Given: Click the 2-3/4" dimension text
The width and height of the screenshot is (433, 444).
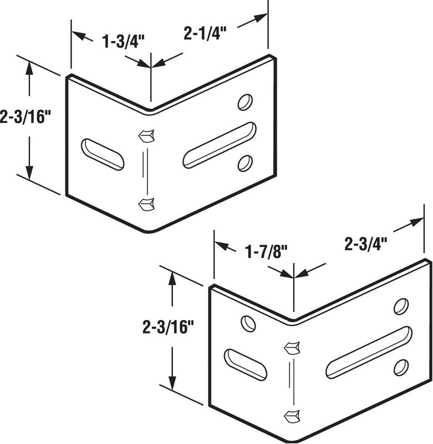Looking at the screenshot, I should click(365, 244).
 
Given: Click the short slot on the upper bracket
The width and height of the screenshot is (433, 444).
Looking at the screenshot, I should click(103, 154).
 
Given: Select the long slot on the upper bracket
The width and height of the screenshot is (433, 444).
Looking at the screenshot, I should click(220, 145).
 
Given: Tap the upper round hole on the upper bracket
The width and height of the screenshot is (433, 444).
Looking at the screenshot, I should click(245, 102).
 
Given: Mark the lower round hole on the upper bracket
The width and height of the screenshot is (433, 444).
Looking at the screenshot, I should click(244, 163).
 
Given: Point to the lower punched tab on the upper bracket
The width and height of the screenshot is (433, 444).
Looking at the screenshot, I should click(146, 204).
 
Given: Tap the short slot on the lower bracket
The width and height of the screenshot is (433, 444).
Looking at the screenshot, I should click(245, 365).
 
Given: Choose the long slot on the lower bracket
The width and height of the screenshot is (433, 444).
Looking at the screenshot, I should click(369, 352).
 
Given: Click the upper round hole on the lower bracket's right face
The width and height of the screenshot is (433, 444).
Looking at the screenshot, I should click(401, 306).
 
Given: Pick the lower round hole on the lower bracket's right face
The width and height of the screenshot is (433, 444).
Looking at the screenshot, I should click(401, 367).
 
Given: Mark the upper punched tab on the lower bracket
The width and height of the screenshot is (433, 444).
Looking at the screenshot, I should click(292, 347).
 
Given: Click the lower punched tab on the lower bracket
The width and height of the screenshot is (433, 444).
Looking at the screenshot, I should click(292, 415).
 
